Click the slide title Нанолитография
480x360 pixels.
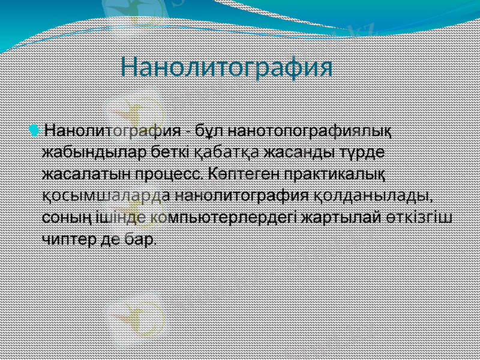(226, 67)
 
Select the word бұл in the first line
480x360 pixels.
(212, 130)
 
